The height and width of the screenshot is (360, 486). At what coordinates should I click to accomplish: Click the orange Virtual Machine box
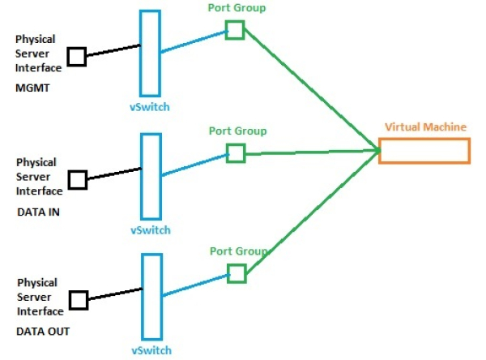tap(424, 139)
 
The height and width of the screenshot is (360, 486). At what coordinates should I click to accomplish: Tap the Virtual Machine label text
tap(425, 127)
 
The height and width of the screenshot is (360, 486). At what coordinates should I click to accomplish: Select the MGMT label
tap(32, 88)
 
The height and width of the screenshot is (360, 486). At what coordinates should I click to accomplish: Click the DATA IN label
tap(38, 212)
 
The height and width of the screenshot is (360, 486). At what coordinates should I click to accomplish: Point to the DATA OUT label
tap(43, 332)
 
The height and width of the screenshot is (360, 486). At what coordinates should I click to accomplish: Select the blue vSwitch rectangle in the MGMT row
tap(140, 54)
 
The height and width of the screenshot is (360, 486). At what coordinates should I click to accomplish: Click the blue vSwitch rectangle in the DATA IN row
tap(142, 177)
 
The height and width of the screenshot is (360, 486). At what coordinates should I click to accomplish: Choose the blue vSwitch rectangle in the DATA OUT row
tap(143, 297)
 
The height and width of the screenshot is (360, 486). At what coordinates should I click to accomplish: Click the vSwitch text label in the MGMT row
tap(150, 107)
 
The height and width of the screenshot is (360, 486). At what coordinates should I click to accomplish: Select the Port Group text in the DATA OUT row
tap(239, 251)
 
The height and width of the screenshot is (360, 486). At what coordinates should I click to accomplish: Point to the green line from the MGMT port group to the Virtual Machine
tap(312, 89)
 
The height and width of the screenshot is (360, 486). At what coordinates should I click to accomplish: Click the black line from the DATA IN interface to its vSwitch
tap(114, 174)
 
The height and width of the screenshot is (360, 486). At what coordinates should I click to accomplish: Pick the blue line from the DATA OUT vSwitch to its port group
tap(196, 285)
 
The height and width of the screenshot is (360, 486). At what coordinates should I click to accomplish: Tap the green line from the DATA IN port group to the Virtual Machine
tap(312, 152)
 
